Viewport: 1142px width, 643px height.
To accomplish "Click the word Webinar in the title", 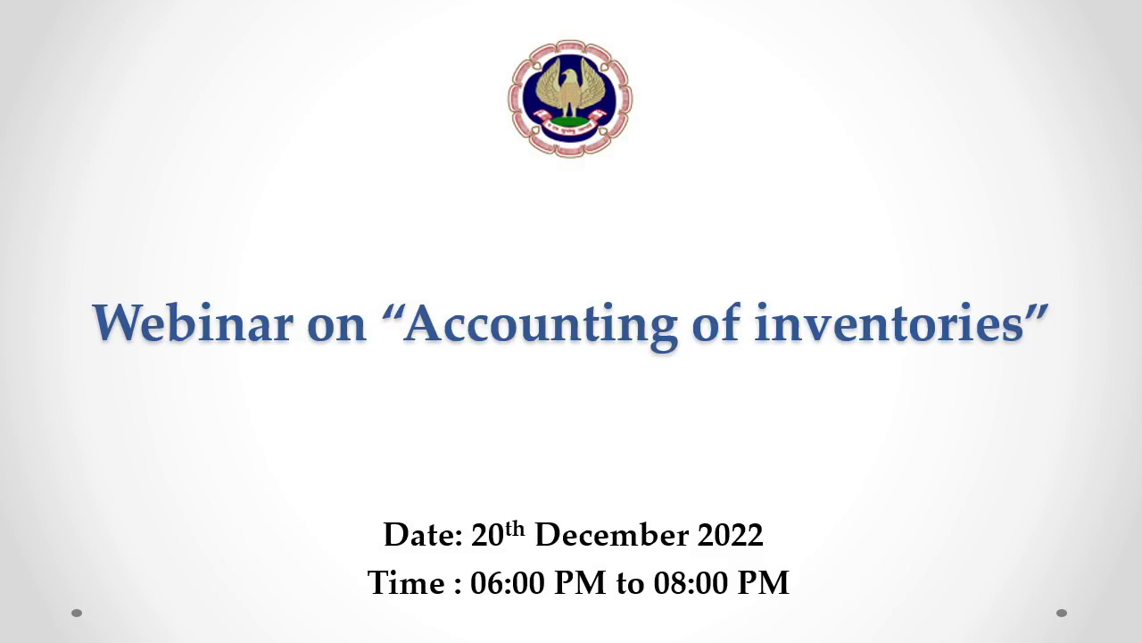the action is pyautogui.click(x=193, y=323).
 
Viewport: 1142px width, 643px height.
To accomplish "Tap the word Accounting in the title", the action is pyautogui.click(x=541, y=327).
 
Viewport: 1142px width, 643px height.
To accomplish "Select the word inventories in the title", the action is pyautogui.click(x=890, y=323).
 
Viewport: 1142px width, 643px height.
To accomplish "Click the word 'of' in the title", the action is pyautogui.click(x=716, y=322).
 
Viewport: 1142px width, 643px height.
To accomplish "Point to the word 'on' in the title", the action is pyautogui.click(x=337, y=328).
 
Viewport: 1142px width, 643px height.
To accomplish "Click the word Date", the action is pyautogui.click(x=423, y=535).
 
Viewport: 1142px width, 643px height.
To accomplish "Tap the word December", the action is pyautogui.click(x=612, y=535).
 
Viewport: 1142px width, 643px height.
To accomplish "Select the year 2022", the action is pyautogui.click(x=730, y=535).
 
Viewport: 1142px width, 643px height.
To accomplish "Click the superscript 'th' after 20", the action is pyautogui.click(x=515, y=530).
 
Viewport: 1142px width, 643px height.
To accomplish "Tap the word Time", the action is pyautogui.click(x=406, y=583).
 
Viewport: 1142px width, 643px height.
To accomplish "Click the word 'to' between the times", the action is pyautogui.click(x=630, y=584).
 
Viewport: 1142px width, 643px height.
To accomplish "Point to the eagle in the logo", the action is pyautogui.click(x=569, y=88).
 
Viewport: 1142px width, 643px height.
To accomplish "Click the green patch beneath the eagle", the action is pyautogui.click(x=569, y=121).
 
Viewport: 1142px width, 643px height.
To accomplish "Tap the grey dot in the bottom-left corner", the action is pyautogui.click(x=77, y=613).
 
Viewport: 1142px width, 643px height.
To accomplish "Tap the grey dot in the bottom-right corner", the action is pyautogui.click(x=1062, y=613).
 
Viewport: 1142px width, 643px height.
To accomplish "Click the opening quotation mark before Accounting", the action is pyautogui.click(x=391, y=312).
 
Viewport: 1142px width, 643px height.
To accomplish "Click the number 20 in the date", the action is pyautogui.click(x=487, y=535).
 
